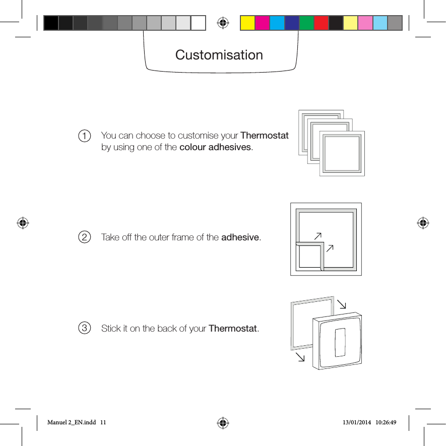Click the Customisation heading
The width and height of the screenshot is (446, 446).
[219, 54]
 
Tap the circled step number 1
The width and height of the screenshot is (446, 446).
[85, 136]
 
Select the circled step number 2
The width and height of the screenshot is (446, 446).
[85, 237]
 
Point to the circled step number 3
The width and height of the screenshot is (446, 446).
[85, 329]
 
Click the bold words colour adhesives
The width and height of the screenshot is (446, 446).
[215, 147]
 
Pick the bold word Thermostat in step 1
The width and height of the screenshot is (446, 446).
[265, 136]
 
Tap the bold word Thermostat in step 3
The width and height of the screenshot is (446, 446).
[233, 329]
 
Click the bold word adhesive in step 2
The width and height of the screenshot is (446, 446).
[240, 237]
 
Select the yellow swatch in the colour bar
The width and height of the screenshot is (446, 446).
[247, 23]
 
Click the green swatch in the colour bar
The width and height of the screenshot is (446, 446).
[306, 23]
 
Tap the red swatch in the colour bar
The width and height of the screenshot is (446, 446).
[321, 23]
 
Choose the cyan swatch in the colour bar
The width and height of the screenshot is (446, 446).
[277, 23]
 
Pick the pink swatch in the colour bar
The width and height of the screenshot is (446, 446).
[365, 23]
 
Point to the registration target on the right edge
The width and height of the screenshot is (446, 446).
[423, 222]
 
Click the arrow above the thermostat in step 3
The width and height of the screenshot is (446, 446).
[342, 304]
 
